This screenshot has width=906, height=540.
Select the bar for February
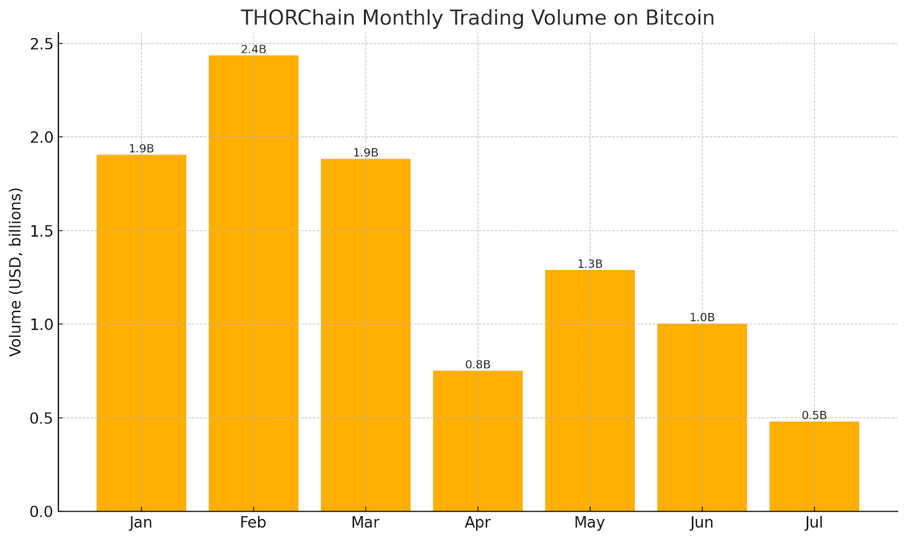click(x=253, y=283)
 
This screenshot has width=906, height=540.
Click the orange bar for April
click(x=477, y=441)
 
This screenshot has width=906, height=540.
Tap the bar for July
click(x=814, y=466)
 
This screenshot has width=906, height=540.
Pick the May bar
click(x=589, y=391)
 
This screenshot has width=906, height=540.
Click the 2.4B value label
click(x=253, y=49)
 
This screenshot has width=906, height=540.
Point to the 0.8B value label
click(x=477, y=365)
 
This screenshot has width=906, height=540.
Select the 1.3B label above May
click(x=589, y=264)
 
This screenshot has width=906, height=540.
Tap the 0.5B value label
click(x=814, y=415)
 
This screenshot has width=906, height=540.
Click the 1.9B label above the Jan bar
click(x=141, y=149)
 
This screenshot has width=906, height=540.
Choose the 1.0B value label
click(x=702, y=318)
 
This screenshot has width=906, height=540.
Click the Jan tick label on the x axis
click(x=140, y=522)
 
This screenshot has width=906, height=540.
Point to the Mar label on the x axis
click(x=365, y=522)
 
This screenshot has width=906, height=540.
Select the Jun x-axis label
click(x=702, y=522)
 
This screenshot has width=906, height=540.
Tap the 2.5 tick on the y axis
click(x=41, y=44)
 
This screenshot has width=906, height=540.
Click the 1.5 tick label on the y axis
click(x=41, y=231)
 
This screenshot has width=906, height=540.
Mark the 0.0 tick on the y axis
click(x=41, y=512)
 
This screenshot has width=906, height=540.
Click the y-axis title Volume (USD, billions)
click(x=15, y=272)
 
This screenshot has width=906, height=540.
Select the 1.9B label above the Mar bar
click(x=365, y=153)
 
